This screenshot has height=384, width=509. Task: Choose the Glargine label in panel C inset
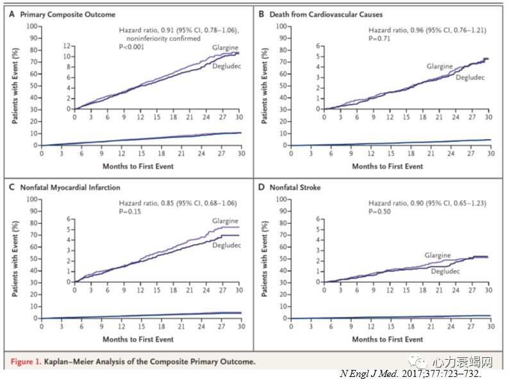click(x=226, y=221)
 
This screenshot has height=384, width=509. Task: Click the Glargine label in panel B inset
click(x=440, y=67)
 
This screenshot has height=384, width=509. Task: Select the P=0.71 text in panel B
click(x=380, y=38)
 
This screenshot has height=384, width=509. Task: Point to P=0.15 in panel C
click(x=131, y=212)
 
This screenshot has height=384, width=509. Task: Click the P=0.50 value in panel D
click(x=380, y=212)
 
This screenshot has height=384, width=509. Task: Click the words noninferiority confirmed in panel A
click(x=156, y=38)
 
